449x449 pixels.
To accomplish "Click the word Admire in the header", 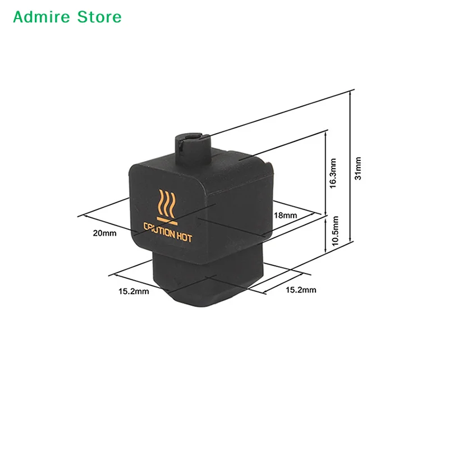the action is pos(42,17).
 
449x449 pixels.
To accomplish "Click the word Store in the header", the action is pos(99,17).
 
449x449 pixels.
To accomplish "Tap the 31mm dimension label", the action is pos(358,168).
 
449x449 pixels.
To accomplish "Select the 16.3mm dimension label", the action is pos(333,173).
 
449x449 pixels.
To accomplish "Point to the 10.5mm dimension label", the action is pos(335,231).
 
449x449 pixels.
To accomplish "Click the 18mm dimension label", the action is pos(285,215).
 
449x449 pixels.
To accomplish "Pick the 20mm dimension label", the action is pos(104,233).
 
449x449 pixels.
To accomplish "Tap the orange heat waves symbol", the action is pos(167,203).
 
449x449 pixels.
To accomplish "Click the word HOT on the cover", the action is pos(184,237).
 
